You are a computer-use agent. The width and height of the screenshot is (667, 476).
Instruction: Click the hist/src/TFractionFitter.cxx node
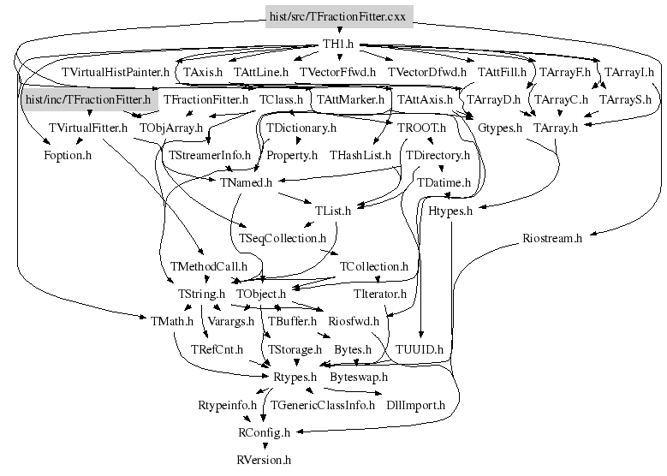pyautogui.click(x=339, y=16)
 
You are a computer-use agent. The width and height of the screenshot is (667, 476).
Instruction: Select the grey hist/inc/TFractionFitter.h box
pyautogui.click(x=88, y=99)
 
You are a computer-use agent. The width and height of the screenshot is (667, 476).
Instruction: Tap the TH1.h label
pyautogui.click(x=338, y=45)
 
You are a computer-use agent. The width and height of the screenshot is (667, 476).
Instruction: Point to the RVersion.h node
pyautogui.click(x=264, y=460)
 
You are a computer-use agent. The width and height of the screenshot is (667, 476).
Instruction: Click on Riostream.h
pyautogui.click(x=552, y=238)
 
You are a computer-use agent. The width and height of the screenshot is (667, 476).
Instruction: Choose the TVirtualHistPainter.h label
pyautogui.click(x=116, y=72)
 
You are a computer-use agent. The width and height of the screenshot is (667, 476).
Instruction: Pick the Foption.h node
pyautogui.click(x=68, y=155)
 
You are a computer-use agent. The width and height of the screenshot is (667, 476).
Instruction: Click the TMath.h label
pyautogui.click(x=172, y=321)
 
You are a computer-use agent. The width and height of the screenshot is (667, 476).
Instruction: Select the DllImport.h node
pyautogui.click(x=415, y=405)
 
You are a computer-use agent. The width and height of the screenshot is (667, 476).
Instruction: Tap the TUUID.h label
pyautogui.click(x=420, y=349)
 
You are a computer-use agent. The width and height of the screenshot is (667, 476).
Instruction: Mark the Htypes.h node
pyautogui.click(x=450, y=211)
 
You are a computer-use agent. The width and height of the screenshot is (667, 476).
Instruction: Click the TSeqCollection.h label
pyautogui.click(x=282, y=238)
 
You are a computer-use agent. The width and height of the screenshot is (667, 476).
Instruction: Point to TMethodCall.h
pyautogui.click(x=208, y=267)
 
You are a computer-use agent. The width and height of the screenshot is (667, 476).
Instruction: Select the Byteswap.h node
pyautogui.click(x=359, y=378)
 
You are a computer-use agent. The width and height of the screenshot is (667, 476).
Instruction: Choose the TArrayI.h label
pyautogui.click(x=629, y=72)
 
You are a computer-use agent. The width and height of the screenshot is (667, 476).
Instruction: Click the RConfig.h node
pyautogui.click(x=265, y=432)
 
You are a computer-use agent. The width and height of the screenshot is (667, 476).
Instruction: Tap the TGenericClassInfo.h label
pyautogui.click(x=323, y=405)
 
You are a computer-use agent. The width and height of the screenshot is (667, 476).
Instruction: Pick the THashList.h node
pyautogui.click(x=360, y=155)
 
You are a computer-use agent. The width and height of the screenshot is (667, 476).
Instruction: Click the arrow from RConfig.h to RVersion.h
pyautogui.click(x=265, y=446)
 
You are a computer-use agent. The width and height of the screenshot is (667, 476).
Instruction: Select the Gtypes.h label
pyautogui.click(x=500, y=128)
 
